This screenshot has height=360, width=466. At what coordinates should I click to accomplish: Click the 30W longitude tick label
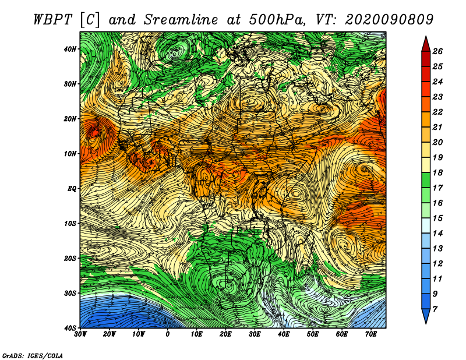80,334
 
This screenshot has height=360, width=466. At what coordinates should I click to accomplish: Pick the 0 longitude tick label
168,334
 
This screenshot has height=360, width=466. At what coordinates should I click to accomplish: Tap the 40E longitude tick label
284,334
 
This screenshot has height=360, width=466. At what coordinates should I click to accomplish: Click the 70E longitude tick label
370,334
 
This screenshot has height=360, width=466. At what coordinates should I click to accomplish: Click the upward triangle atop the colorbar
426,43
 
